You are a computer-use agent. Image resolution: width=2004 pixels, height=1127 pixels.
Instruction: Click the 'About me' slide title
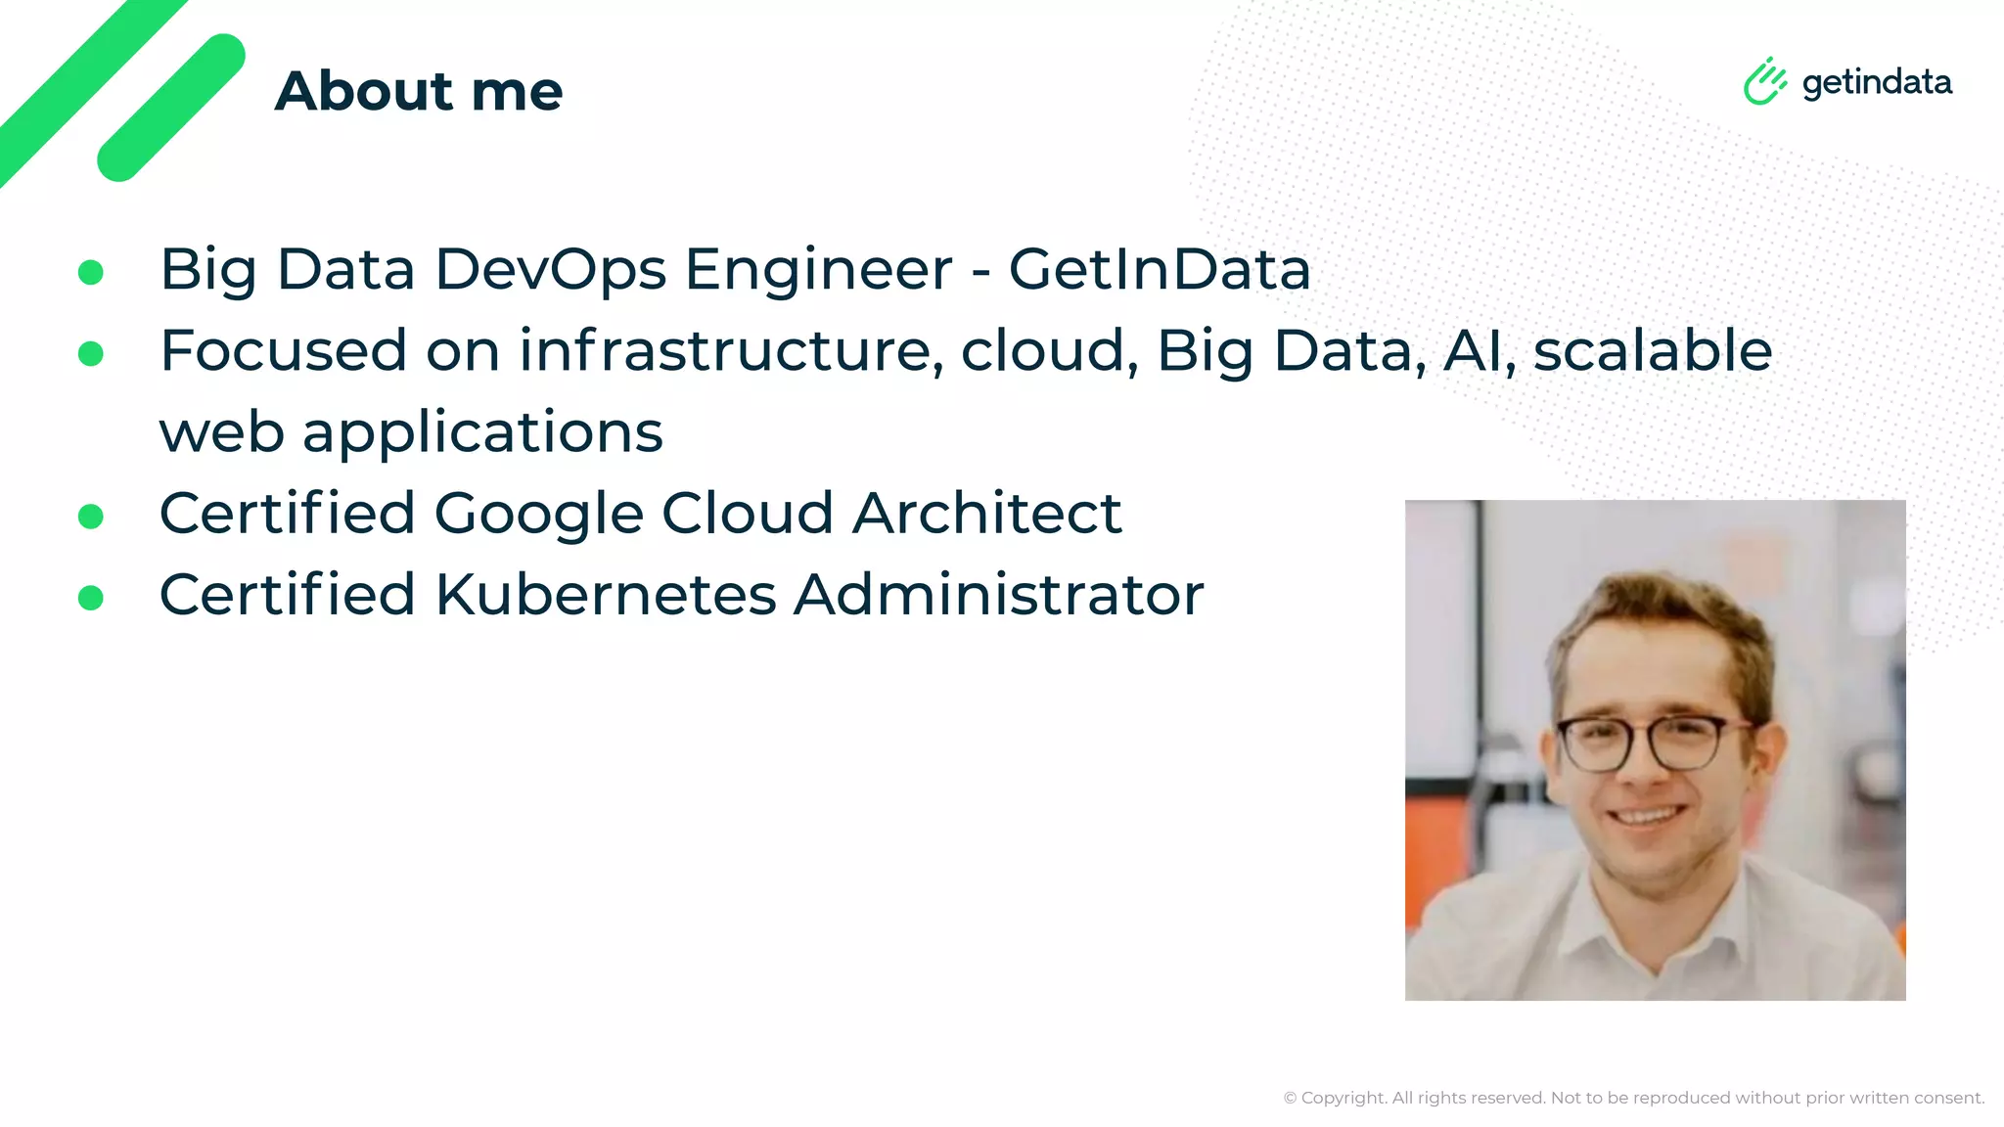click(x=419, y=91)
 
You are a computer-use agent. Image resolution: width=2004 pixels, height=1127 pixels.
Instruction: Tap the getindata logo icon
click(x=1764, y=81)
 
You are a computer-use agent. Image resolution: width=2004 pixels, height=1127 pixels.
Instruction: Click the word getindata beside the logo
click(x=1877, y=82)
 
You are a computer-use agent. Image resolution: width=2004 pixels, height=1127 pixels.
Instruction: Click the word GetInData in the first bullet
click(x=1160, y=269)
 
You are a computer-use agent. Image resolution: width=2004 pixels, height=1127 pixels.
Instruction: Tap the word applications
click(x=482, y=432)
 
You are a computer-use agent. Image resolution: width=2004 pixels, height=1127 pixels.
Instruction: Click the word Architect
click(x=987, y=514)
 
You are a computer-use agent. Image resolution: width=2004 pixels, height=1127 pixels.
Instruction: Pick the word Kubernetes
click(x=606, y=595)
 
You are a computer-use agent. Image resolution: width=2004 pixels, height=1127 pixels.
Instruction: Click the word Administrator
click(x=999, y=595)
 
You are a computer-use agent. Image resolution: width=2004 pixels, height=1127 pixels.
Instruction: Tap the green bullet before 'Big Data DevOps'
click(x=91, y=272)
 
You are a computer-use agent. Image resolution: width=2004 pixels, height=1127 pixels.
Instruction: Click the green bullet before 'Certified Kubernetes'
click(x=91, y=598)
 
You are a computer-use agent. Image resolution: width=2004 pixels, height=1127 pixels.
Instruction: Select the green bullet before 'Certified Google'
click(x=91, y=517)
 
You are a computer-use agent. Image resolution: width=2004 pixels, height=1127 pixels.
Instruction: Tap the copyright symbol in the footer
click(x=1290, y=1099)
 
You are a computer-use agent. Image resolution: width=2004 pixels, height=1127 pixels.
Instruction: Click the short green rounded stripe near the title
click(x=171, y=108)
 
